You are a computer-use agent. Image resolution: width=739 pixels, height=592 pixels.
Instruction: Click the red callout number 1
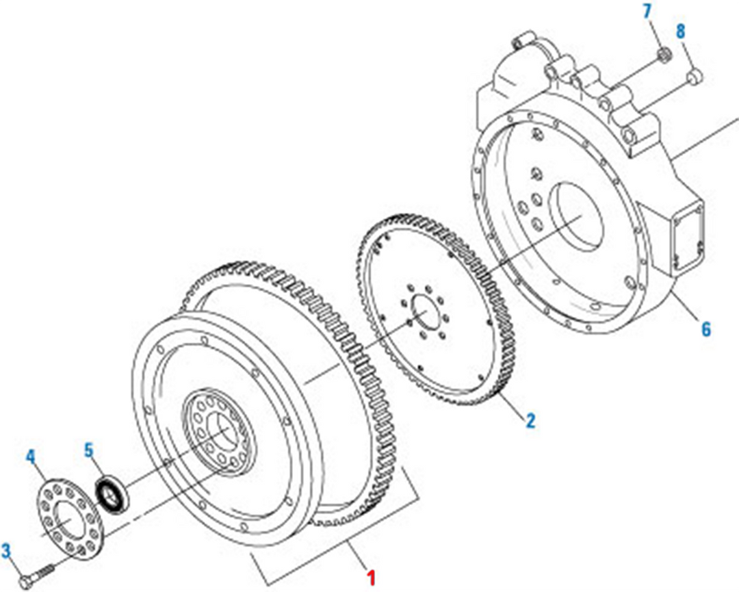point(372,578)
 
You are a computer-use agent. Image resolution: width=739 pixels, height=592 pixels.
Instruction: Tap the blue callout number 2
point(531,420)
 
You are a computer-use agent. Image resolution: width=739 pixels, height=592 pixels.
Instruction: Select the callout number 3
point(6,550)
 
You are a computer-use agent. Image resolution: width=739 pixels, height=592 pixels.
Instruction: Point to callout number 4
point(31,456)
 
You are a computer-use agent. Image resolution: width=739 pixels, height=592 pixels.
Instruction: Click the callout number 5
point(89,450)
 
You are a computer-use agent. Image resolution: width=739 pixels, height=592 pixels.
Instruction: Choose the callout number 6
point(705,329)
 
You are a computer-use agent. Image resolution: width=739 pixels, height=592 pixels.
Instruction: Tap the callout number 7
point(647,12)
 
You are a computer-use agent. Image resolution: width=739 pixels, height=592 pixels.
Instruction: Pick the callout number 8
point(681,31)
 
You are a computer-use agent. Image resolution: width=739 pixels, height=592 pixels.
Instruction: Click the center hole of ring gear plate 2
point(426,311)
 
